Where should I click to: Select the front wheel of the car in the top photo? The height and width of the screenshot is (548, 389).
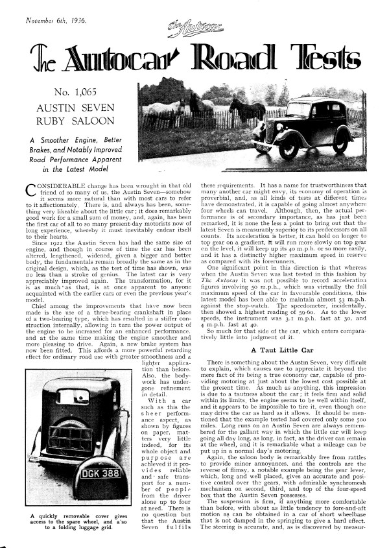pyautogui.click(x=288, y=149)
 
